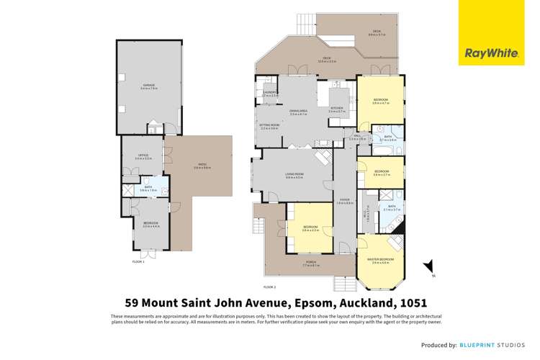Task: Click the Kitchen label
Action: click(337, 109)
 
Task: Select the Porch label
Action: click(310, 263)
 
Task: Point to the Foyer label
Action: click(345, 202)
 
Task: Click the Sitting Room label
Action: click(269, 126)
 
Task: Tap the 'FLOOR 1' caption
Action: click(138, 261)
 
